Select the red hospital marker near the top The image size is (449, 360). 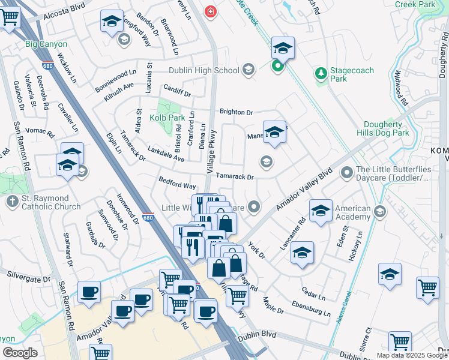click(x=210, y=11)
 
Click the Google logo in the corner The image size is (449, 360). click(x=19, y=353)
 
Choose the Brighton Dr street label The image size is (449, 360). click(x=236, y=112)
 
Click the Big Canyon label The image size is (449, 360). click(x=46, y=44)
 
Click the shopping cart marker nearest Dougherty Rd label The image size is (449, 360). click(x=427, y=287)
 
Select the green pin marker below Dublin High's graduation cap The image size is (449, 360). click(x=278, y=65)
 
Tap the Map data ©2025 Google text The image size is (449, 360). click(x=412, y=355)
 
